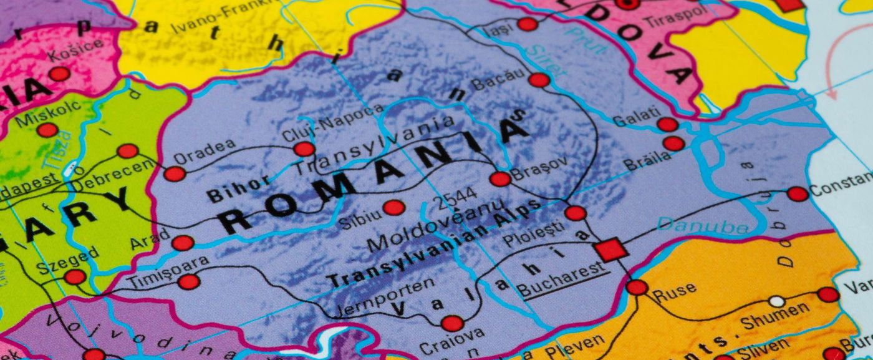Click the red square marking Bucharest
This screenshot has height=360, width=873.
[x=611, y=250]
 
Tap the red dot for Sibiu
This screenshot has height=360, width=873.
[x=393, y=208]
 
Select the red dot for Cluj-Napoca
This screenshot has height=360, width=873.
[x=304, y=149]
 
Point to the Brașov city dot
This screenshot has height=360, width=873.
[x=500, y=179]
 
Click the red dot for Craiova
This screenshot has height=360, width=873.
[x=452, y=323]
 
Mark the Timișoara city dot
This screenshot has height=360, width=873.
[x=188, y=282]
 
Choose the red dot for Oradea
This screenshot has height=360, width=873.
[x=175, y=174]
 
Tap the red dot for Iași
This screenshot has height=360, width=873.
[x=528, y=24]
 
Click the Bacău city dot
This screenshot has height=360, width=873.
[x=539, y=80]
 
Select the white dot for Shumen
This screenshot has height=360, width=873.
[x=776, y=301]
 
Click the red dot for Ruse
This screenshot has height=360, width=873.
[x=637, y=287]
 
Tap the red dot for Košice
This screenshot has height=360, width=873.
[x=60, y=74]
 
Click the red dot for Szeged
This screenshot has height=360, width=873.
[x=75, y=277]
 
